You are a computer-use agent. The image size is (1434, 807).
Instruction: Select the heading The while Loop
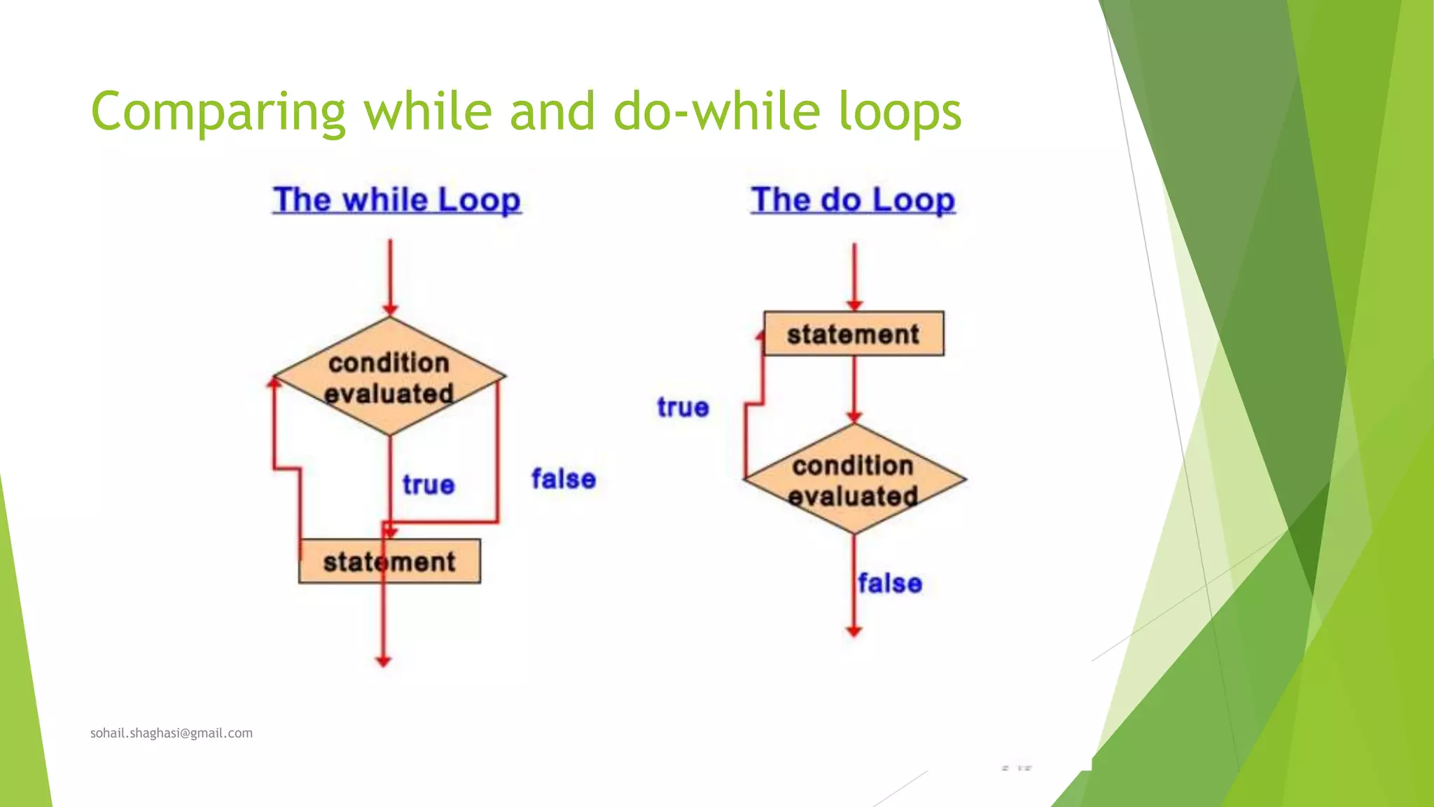[397, 200]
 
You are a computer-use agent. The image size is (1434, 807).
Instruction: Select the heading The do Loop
[853, 200]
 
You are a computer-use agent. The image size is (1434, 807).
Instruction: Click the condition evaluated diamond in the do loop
[854, 480]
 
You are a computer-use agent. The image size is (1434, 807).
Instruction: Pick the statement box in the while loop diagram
[389, 562]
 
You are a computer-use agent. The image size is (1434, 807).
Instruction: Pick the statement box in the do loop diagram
[853, 334]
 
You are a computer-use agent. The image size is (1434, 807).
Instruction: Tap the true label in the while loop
[429, 485]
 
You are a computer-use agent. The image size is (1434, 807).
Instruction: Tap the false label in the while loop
[564, 479]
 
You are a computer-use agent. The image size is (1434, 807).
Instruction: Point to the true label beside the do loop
[683, 407]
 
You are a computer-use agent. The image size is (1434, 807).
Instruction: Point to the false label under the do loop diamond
[890, 584]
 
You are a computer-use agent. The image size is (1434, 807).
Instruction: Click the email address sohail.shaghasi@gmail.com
[172, 733]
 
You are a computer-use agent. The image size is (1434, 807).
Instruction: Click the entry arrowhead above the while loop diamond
[391, 310]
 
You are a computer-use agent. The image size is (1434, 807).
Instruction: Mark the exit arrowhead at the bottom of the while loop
[383, 661]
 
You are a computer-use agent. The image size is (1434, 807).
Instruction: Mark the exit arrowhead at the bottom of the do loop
[854, 631]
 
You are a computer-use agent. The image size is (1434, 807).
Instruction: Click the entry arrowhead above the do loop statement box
[854, 305]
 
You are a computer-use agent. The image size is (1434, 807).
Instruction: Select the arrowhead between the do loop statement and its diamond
[854, 418]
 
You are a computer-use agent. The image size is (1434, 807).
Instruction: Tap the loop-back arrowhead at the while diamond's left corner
[274, 382]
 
